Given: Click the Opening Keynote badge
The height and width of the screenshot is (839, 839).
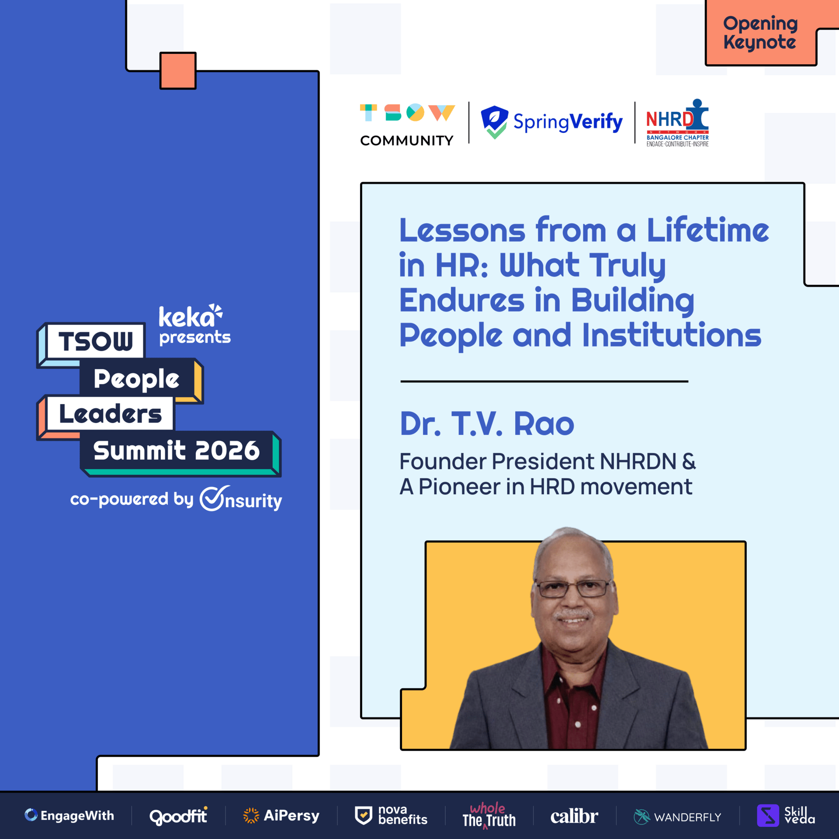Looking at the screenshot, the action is tap(760, 33).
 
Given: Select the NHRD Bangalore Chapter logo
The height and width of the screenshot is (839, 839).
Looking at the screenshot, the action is tap(677, 123).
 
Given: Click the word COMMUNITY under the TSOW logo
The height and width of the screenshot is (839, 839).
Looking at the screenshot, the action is tap(406, 141).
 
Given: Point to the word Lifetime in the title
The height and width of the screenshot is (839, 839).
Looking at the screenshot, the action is tap(707, 230).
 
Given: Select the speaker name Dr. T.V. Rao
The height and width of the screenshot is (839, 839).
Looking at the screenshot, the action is tap(487, 423).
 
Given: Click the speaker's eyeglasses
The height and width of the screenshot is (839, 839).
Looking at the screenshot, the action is tap(573, 588).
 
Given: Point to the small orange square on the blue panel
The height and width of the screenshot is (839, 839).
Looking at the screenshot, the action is tap(178, 70).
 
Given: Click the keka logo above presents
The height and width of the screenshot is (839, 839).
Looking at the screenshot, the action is tap(191, 316).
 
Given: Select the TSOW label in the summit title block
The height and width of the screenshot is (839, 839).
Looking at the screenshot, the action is tap(96, 341).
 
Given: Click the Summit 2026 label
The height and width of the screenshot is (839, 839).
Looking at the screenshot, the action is tap(177, 451).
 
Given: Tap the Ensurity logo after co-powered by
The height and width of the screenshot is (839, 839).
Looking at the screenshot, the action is tap(241, 499).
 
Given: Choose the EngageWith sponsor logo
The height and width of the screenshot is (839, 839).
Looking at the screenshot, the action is tap(69, 815).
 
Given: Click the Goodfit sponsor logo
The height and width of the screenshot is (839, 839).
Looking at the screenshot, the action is tap(178, 816).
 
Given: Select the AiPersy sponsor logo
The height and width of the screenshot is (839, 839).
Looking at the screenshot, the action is tap(281, 815).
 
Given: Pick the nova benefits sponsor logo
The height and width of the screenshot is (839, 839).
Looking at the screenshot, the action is tap(391, 815).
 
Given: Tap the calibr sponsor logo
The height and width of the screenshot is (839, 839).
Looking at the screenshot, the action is tap(574, 816).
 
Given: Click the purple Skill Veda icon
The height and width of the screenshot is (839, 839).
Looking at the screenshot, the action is tap(768, 815).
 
